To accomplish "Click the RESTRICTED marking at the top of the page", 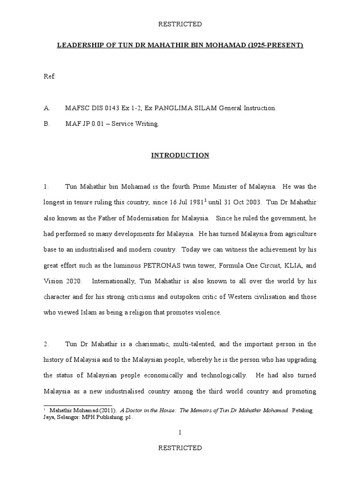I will [x=180, y=24].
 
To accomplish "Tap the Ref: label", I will [x=49, y=77].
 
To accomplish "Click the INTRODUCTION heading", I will [x=180, y=155].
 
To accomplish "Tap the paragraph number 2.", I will [x=46, y=344].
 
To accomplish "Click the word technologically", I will [x=220, y=375].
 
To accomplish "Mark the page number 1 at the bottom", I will [x=180, y=433].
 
